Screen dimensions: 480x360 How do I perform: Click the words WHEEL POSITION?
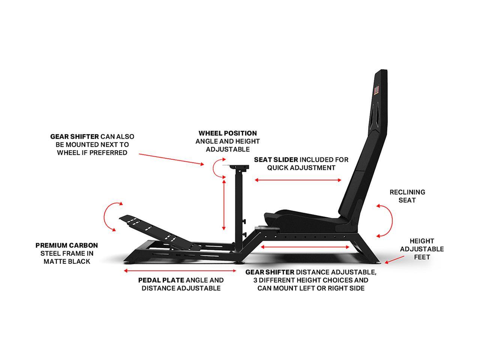pos(228,133)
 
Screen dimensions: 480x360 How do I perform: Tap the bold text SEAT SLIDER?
pos(276,160)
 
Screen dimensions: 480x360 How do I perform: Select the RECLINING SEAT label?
pos(407,196)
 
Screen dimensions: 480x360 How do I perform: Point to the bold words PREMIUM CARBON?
pos(67,246)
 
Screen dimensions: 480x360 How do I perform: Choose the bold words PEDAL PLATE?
pos(161,280)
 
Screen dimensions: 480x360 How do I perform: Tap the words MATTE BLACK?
pos(67,261)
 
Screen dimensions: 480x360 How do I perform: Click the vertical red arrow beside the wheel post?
pos(224,204)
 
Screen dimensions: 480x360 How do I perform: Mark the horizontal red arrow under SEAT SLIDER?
pos(298,180)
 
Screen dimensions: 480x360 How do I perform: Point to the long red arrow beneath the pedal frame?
pos(180,270)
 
